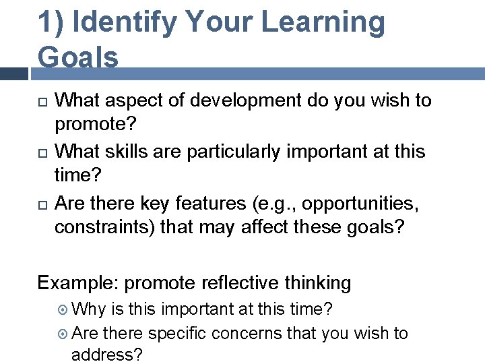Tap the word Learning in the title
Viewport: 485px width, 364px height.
tap(323, 22)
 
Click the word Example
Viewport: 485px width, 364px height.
tap(77, 282)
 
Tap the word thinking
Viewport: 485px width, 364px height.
tap(317, 282)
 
